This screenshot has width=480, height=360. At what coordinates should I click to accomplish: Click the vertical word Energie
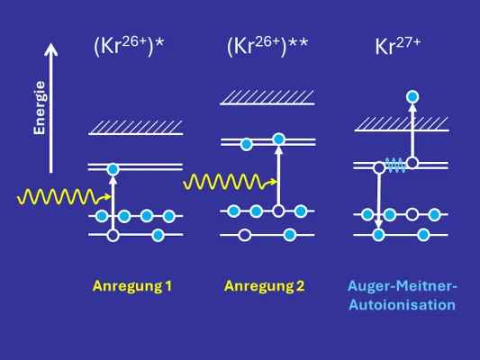(40, 107)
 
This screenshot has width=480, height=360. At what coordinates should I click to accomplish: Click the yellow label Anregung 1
(131, 286)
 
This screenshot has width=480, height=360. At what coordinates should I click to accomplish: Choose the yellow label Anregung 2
(264, 286)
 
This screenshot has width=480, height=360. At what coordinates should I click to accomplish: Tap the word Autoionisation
(402, 304)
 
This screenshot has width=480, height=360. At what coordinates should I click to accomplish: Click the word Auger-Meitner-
(402, 286)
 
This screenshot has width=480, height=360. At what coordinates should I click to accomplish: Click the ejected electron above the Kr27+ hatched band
(412, 95)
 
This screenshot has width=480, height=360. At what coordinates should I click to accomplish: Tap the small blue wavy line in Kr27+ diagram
(394, 163)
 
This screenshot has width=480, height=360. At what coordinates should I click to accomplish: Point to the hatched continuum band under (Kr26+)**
(267, 97)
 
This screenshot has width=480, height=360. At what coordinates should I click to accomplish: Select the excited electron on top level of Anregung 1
(113, 168)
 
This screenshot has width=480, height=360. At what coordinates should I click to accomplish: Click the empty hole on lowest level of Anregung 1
(113, 235)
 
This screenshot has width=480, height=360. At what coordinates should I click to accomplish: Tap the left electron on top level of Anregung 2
(245, 142)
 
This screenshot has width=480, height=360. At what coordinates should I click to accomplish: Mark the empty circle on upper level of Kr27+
(412, 163)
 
